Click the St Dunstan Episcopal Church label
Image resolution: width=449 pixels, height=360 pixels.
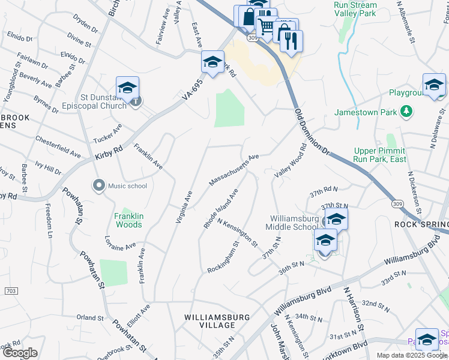coord(103,101)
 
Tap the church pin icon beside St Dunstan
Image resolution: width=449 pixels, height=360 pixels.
coord(136,101)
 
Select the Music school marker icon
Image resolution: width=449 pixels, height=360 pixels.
coord(99,185)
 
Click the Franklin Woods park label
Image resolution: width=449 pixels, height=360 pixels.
coord(129,220)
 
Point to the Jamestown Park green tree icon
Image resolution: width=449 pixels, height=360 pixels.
coord(407,112)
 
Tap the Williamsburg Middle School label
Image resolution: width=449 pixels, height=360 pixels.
coord(294,223)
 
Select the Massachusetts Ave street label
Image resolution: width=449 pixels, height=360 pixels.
coord(234,170)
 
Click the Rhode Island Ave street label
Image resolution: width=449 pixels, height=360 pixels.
coord(220,208)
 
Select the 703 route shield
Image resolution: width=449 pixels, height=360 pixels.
coord(10,290)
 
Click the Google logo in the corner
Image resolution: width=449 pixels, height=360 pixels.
coord(20,353)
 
